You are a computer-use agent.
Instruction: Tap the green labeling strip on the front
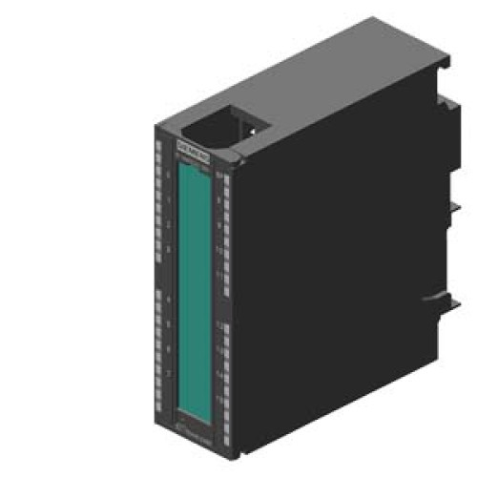pyautogui.click(x=195, y=277)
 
